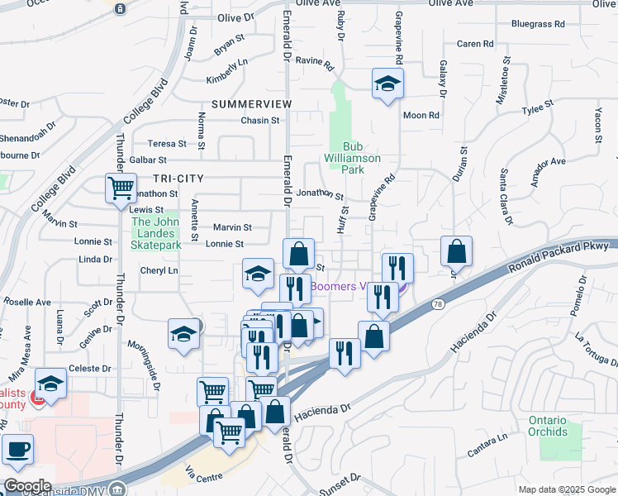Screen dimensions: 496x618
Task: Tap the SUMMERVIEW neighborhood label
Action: (251, 104)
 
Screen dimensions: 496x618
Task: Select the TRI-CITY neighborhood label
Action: (178, 179)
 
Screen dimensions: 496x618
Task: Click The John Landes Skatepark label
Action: (156, 233)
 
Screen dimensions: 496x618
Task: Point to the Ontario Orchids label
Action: (549, 426)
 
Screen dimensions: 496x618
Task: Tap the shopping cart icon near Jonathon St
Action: (121, 188)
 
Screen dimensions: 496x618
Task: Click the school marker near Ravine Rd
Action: (386, 83)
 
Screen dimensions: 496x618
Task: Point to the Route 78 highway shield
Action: (437, 306)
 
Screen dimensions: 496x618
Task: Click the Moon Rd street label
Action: (421, 115)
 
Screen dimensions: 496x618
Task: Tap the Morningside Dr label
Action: (148, 357)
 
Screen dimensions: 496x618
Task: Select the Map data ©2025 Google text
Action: (567, 489)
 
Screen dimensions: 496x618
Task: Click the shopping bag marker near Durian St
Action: (456, 251)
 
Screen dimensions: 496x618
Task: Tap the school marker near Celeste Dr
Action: (50, 384)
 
